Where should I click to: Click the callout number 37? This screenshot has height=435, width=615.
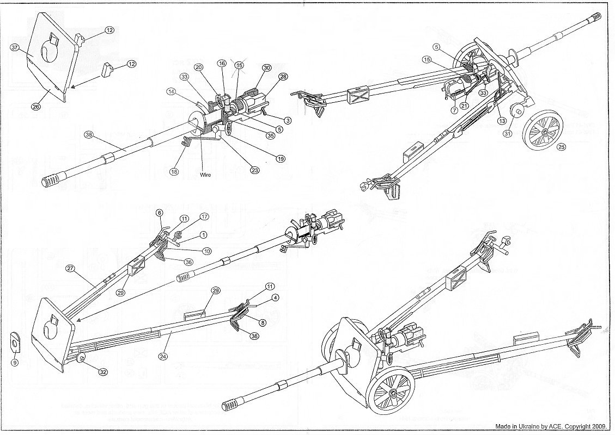point(15,48)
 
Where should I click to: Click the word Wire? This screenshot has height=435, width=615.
point(205,175)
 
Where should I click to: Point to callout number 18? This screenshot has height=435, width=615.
point(174,172)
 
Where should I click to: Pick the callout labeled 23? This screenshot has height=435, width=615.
point(254,169)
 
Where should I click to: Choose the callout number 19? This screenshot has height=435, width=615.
point(281,159)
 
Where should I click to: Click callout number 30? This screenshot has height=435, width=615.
point(266,68)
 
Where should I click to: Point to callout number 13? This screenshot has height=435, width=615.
point(502,121)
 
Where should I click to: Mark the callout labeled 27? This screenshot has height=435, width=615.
point(70,269)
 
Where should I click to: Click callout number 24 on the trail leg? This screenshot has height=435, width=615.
point(162,357)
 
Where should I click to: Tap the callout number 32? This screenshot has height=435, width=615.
point(102,372)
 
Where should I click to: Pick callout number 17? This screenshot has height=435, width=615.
point(205,216)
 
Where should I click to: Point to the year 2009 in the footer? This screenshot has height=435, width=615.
point(601,427)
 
